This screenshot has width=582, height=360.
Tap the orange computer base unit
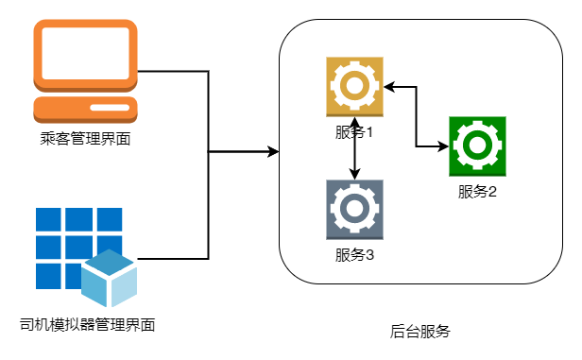pos(85,110)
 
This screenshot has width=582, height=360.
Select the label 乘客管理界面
pos(85,139)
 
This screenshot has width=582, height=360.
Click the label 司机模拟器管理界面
pos(87,325)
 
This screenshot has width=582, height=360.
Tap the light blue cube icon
pos(110,278)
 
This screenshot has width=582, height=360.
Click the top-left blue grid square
pos(48,219)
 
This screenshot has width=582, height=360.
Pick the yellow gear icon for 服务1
pos(354,87)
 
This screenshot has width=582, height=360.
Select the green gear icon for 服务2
pos(477,146)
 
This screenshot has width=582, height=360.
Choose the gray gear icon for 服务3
pos(354,210)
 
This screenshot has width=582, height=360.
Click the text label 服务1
pos(354,132)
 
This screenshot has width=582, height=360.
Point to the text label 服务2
pos(477,192)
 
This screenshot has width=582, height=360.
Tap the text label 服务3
pos(354,255)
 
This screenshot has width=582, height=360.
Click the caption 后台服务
pos(420,332)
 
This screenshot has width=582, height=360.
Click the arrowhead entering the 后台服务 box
pos(274,152)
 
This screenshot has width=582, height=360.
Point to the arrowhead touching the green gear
pos(443,146)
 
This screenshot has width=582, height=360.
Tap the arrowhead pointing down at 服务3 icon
pos(355,174)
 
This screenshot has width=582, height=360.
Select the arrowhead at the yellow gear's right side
pos(389,87)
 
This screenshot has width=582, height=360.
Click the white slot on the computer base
pos(110,108)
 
